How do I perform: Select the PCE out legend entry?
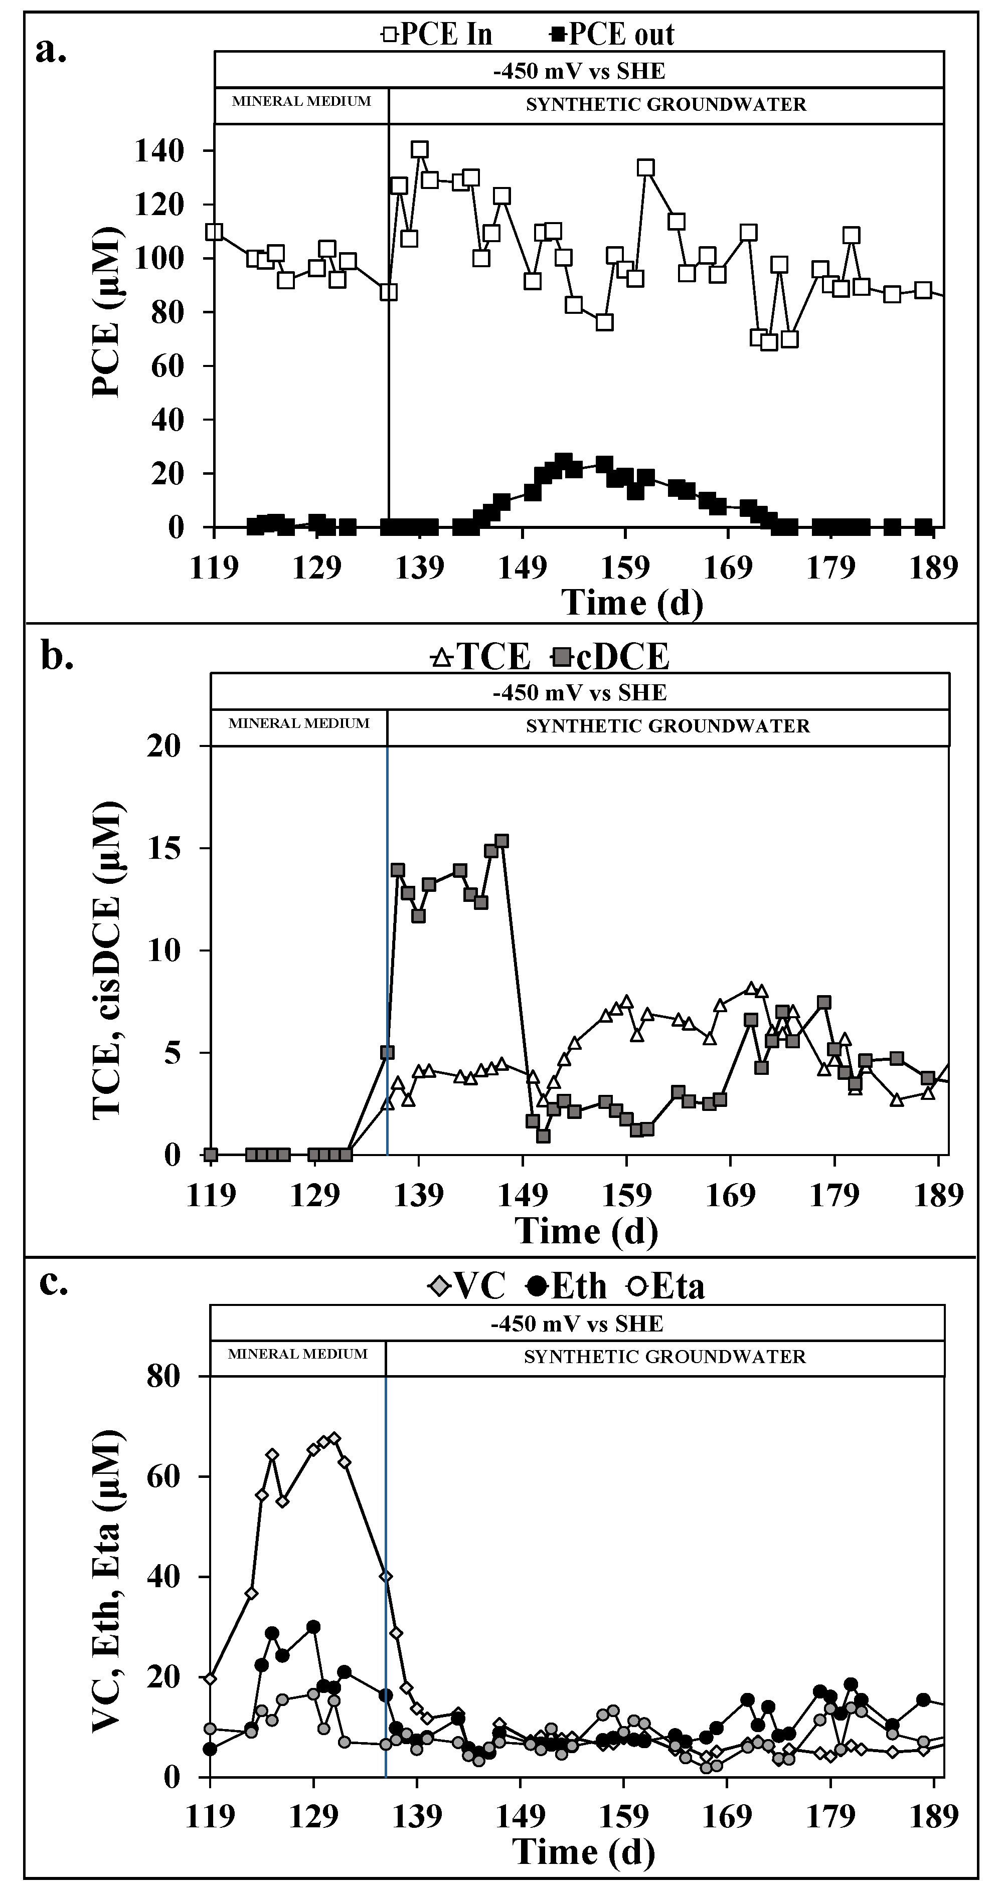click(612, 34)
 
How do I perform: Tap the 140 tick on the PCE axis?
click(158, 151)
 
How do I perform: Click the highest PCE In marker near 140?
click(419, 150)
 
